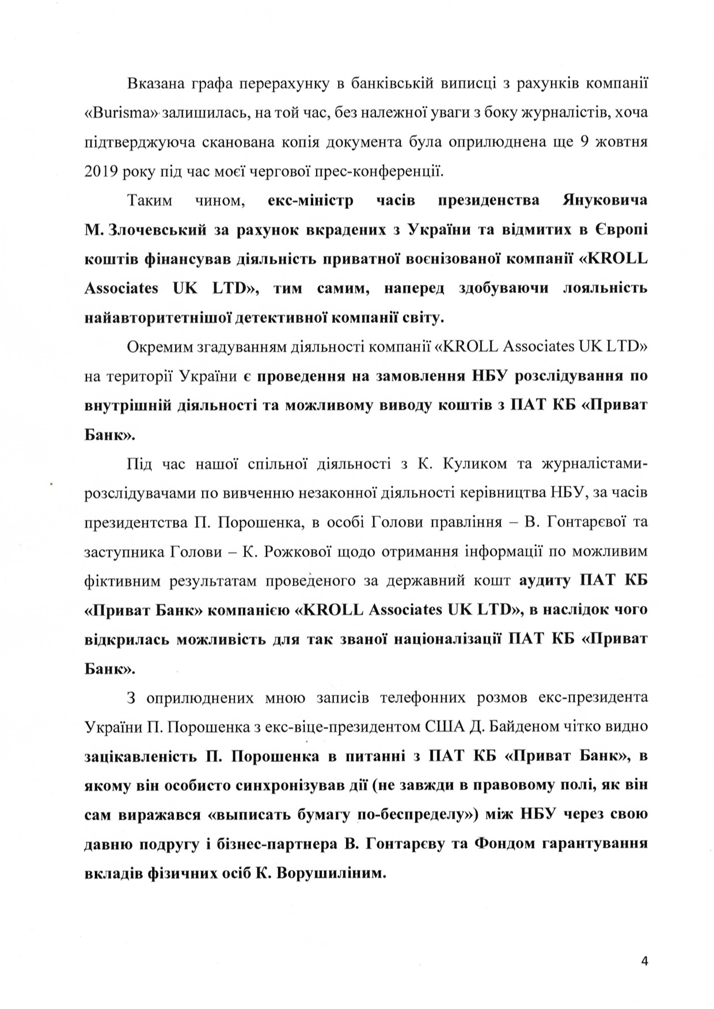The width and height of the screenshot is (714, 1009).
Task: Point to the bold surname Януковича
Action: (604, 200)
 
